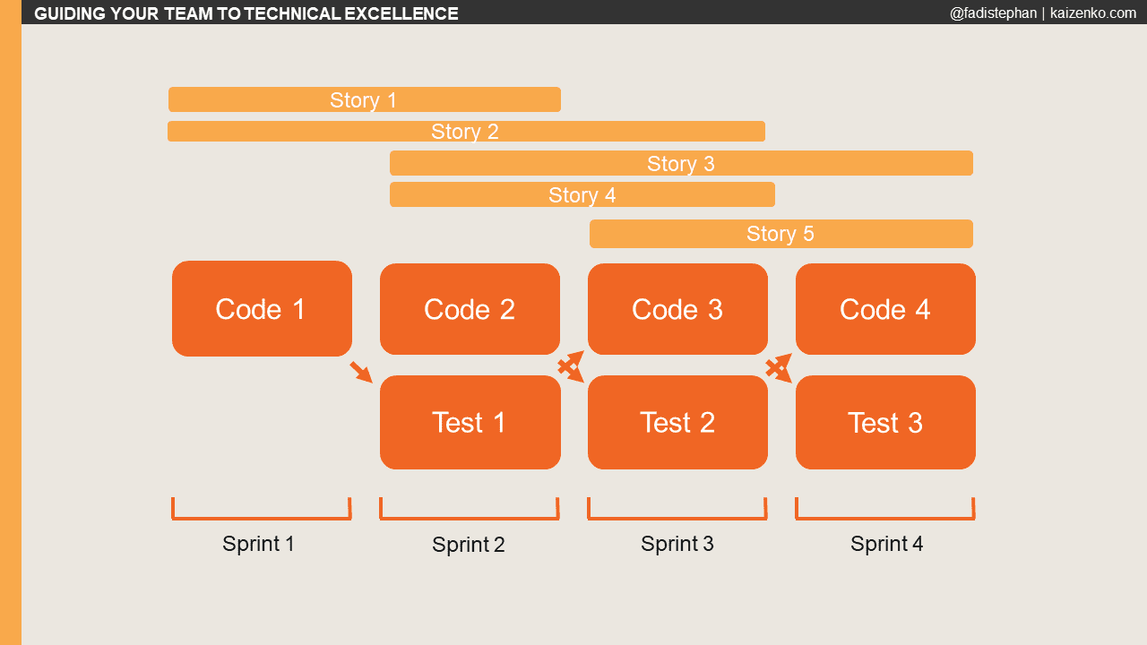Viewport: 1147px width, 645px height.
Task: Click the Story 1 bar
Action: tap(364, 99)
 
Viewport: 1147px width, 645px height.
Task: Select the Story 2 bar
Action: tap(466, 132)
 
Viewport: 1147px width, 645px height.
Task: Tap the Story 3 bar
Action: tap(681, 163)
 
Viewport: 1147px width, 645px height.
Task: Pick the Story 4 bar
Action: tap(582, 194)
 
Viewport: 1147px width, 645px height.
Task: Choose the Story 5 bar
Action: tap(780, 234)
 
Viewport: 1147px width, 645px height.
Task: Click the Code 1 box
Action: tap(262, 309)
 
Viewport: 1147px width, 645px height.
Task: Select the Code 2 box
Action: tap(470, 309)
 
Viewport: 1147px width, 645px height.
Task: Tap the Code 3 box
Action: tap(677, 309)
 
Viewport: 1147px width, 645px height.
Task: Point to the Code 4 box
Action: tap(885, 309)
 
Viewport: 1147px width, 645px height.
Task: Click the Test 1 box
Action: tap(470, 422)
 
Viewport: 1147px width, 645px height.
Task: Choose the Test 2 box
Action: tap(677, 422)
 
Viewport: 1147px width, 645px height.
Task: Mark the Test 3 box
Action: tap(885, 422)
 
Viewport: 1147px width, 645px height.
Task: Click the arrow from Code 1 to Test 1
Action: tap(361, 372)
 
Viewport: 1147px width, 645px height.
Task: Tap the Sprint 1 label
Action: tap(258, 544)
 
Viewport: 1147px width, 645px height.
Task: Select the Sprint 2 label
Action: tap(469, 545)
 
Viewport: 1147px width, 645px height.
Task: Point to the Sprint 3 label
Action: tap(677, 544)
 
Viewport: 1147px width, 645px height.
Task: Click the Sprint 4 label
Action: tap(886, 544)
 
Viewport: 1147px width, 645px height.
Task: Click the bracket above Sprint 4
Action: tap(884, 517)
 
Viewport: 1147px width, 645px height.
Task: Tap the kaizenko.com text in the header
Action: tap(1092, 13)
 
